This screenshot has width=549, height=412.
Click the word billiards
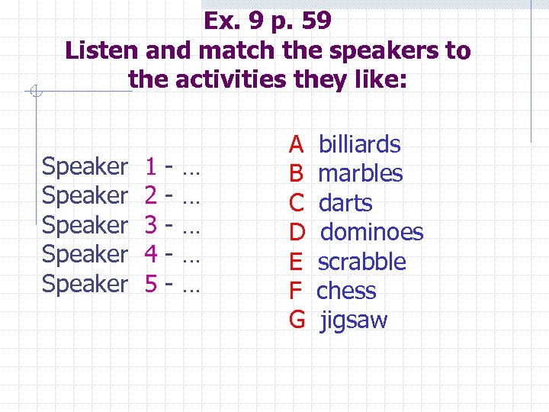click(359, 143)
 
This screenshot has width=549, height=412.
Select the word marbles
click(360, 173)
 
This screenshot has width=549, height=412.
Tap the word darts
click(345, 203)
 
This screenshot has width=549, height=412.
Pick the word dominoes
click(371, 232)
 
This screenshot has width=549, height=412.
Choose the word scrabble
click(361, 262)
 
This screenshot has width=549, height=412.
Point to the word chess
click(346, 291)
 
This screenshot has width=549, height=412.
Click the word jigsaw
click(354, 320)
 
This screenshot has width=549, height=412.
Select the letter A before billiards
click(296, 143)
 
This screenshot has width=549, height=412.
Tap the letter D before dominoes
click(297, 232)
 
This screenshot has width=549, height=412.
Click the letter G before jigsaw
click(297, 320)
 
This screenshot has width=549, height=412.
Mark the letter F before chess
click(295, 291)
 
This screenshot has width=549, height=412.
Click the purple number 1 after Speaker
click(151, 165)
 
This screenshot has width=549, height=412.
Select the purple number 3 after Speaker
click(151, 224)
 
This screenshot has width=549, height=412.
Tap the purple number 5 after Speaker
click(151, 284)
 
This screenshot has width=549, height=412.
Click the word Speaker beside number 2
click(85, 195)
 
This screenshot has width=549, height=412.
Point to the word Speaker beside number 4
click(85, 254)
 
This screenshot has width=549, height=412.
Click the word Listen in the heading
click(101, 51)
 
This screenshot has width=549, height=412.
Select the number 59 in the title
click(315, 21)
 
